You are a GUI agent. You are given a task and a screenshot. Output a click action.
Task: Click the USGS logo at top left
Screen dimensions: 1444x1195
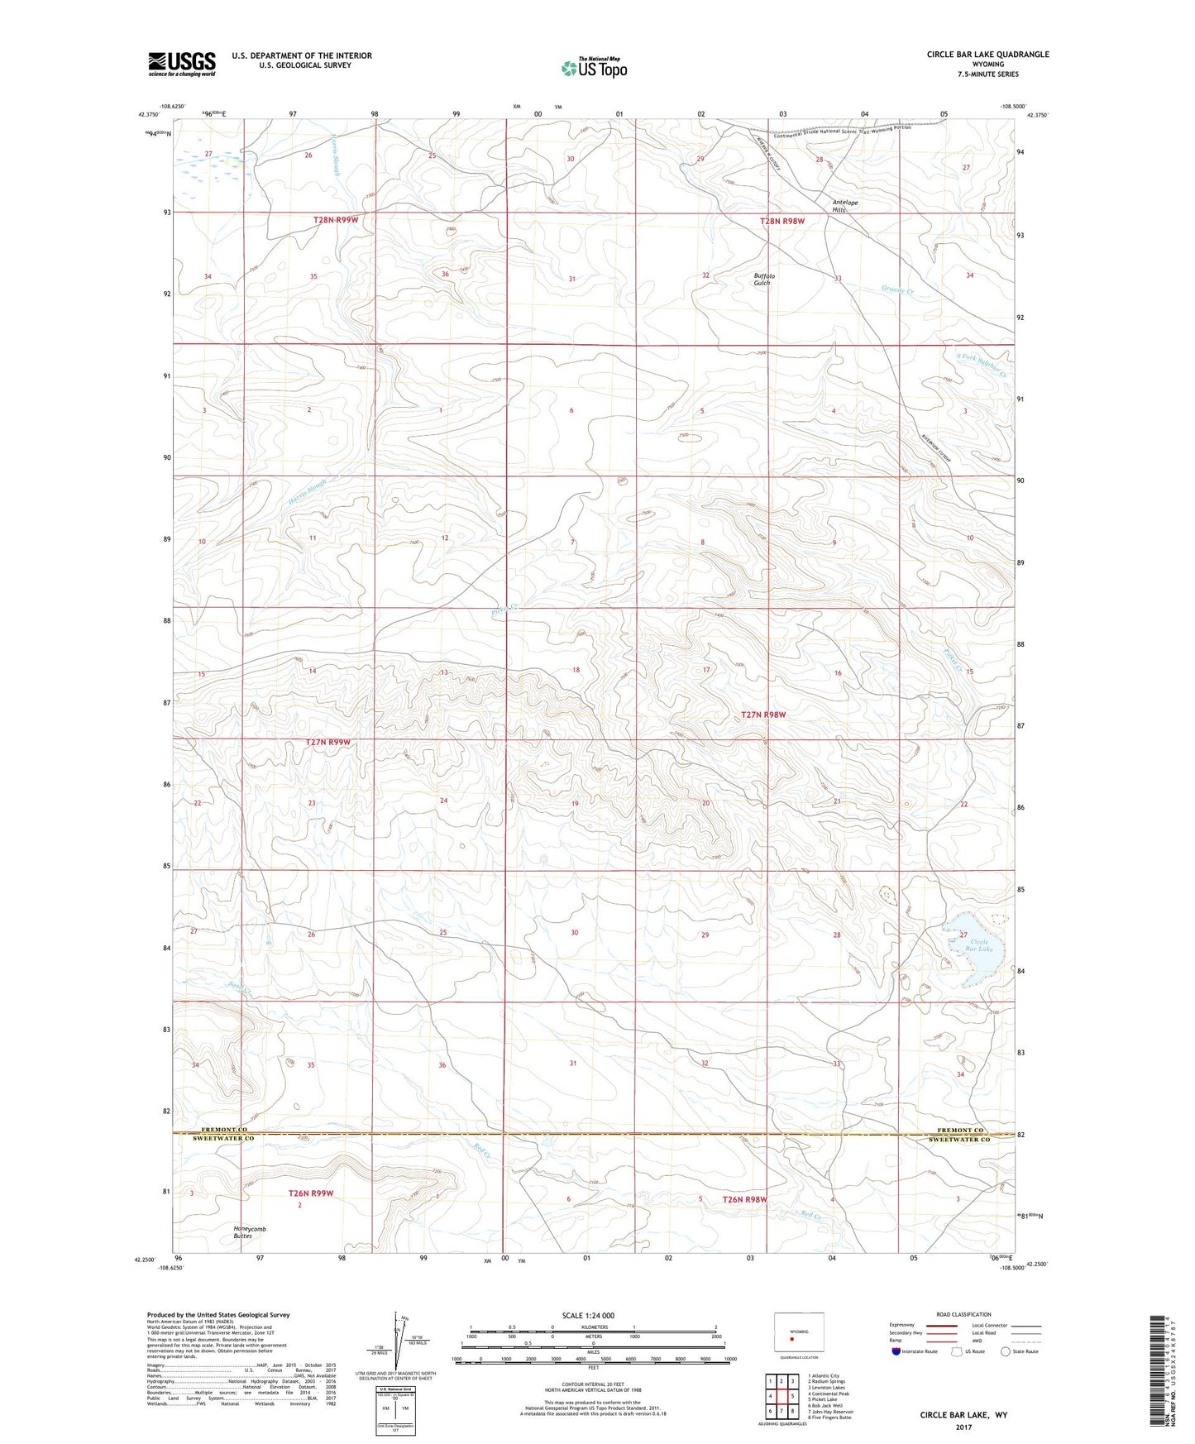pos(182,63)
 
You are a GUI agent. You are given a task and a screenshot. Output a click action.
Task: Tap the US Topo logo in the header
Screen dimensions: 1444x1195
pos(592,68)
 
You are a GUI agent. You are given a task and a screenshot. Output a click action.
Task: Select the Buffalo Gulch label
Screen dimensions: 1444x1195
pos(762,279)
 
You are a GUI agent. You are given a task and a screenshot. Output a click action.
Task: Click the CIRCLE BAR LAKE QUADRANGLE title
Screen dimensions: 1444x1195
pos(987,54)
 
